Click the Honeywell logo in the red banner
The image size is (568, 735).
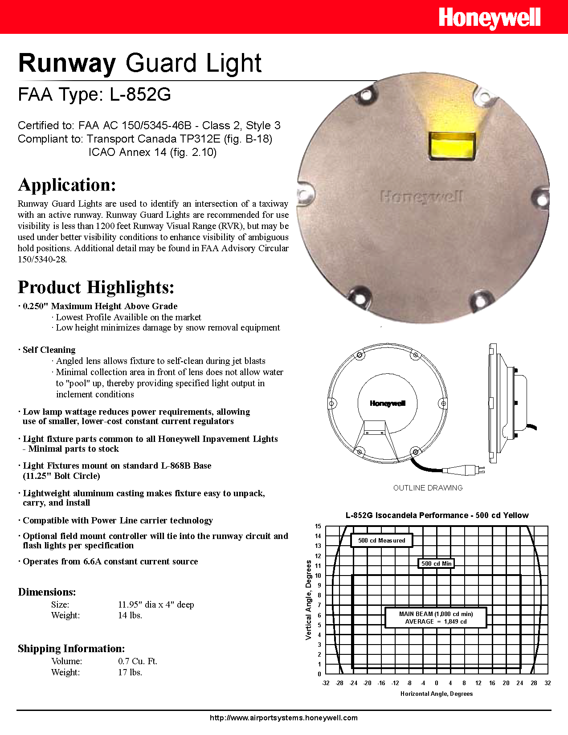tap(489, 18)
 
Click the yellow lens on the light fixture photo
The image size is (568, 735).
tap(452, 146)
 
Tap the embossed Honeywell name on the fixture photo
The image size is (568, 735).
tap(421, 196)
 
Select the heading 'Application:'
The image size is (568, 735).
tap(67, 185)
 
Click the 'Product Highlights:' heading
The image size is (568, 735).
tap(96, 287)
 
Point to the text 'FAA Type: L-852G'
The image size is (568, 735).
tap(94, 94)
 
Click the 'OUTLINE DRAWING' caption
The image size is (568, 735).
tap(428, 488)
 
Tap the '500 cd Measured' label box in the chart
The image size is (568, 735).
tap(381, 540)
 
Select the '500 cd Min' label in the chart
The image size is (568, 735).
tap(437, 563)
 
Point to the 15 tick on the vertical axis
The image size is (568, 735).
tap(318, 526)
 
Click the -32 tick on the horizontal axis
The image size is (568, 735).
tap(326, 683)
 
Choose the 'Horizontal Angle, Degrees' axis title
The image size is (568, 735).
tap(436, 694)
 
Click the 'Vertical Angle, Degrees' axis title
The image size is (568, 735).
tap(308, 600)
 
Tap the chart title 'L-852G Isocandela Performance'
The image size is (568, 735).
tap(437, 515)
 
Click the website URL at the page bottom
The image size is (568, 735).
tap(283, 718)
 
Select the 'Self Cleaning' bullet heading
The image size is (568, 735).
tap(49, 350)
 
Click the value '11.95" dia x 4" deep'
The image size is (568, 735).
tap(156, 604)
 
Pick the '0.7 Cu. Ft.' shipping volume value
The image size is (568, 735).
tap(138, 661)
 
